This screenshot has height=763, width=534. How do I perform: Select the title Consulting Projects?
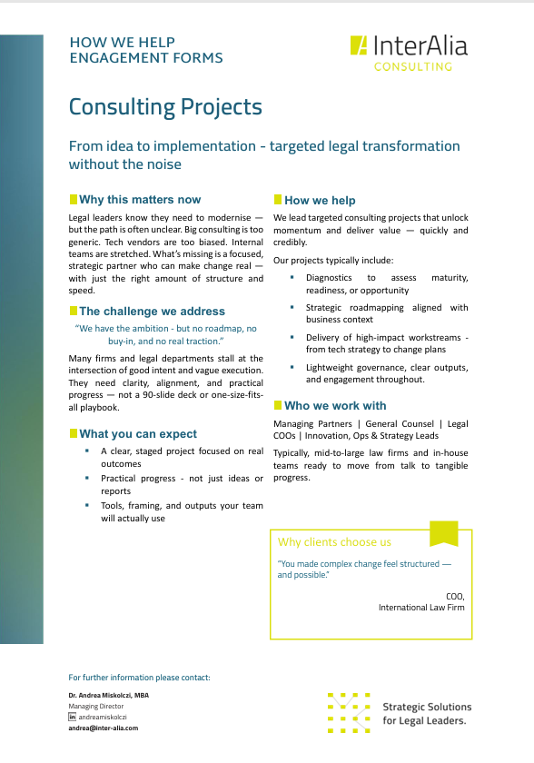coord(165,108)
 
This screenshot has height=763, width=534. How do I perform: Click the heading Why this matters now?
coord(140,200)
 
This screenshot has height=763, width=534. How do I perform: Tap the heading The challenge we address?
coord(152,312)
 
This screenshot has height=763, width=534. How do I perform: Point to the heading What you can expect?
coord(138,434)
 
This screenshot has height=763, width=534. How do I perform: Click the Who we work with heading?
coord(335,406)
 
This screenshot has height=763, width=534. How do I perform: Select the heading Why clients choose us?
coord(334,542)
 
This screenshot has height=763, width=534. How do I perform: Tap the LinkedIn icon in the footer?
coord(73,717)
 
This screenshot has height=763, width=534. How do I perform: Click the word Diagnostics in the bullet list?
coord(329,277)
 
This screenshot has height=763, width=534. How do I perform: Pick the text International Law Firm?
coord(421,608)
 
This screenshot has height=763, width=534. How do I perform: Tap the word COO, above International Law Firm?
coord(455,596)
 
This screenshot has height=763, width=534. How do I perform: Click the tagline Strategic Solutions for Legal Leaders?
coord(427,713)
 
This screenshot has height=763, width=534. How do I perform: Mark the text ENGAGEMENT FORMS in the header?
coord(145,58)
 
